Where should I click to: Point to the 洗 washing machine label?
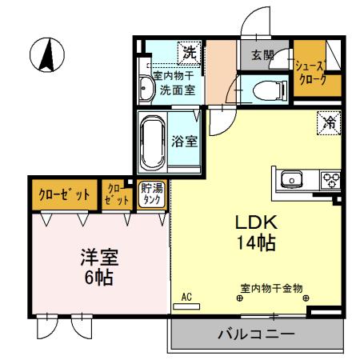[x=189, y=54]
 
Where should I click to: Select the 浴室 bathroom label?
[x=185, y=142]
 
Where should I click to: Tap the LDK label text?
[x=254, y=222]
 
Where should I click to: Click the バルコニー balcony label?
[x=257, y=334]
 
